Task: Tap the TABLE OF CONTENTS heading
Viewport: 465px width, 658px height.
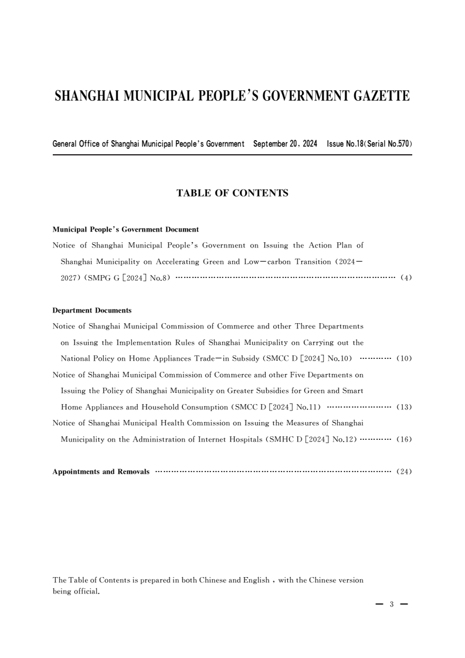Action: coord(232,192)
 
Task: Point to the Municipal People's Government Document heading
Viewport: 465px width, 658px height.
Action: coord(125,229)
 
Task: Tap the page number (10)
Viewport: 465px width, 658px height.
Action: coord(404,358)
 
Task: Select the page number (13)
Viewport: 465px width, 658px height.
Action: coord(404,406)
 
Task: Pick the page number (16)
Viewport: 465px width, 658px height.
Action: coord(404,439)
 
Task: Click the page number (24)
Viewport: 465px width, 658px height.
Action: coord(404,471)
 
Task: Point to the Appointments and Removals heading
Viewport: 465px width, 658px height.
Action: coord(101,472)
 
